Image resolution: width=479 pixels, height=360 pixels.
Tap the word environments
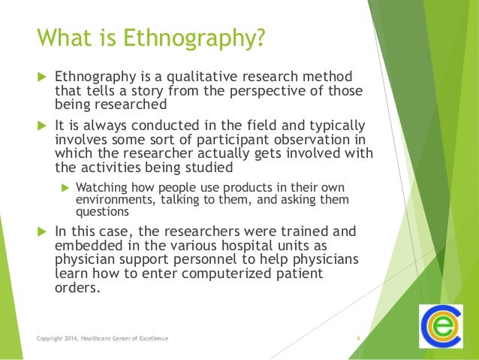click(x=114, y=199)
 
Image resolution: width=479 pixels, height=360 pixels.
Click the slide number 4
click(x=358, y=339)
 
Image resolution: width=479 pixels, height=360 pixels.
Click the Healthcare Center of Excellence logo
click(x=442, y=327)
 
